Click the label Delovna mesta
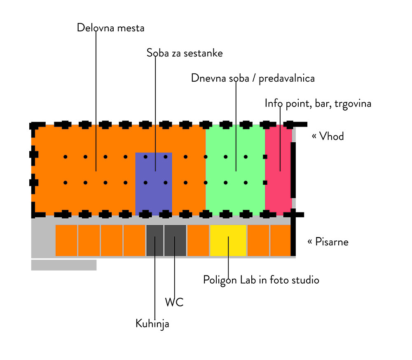110,28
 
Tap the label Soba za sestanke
185,53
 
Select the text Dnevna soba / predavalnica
253,78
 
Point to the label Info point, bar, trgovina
318,103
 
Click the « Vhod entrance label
328,136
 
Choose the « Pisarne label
328,242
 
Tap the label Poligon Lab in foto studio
261,280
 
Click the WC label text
174,303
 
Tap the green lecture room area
235,198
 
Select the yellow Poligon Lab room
228,240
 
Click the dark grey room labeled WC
175,240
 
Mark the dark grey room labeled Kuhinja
154,240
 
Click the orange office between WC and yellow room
198,240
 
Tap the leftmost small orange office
66,240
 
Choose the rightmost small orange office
280,240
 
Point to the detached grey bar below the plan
64,265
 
